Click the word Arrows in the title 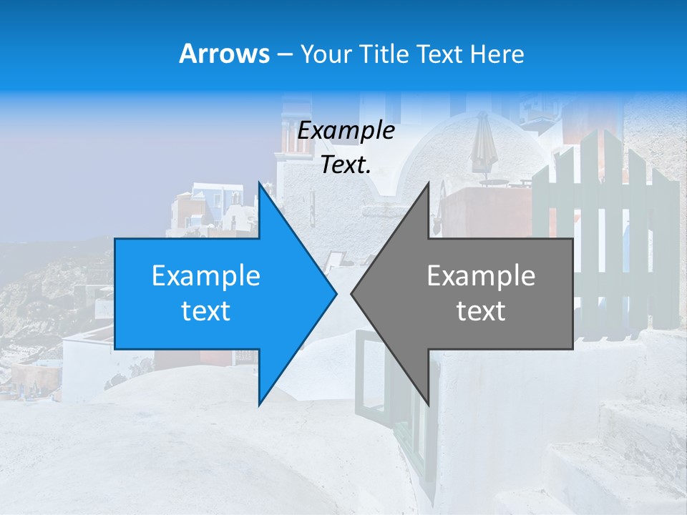click(x=224, y=54)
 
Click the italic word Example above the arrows click(x=346, y=131)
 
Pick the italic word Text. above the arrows click(x=346, y=165)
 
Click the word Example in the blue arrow click(x=206, y=276)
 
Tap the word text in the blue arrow click(x=206, y=311)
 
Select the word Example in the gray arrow click(x=481, y=276)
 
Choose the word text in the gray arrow click(x=481, y=311)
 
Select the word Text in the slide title click(x=436, y=54)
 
